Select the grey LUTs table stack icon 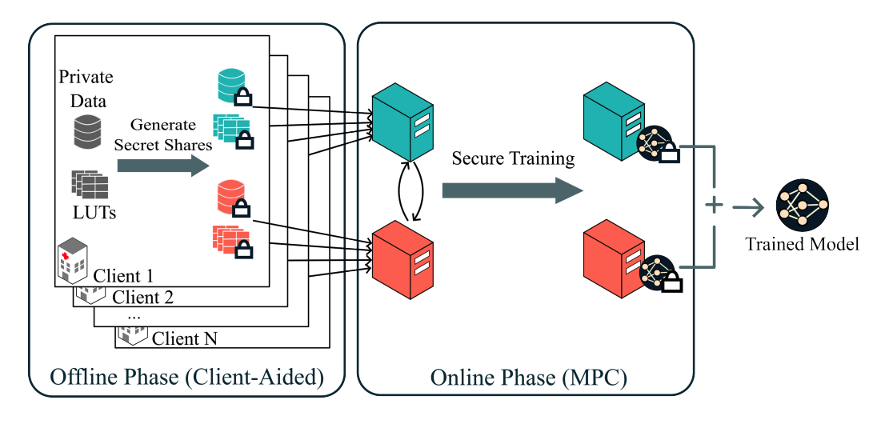click(x=90, y=185)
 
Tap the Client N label click(x=184, y=338)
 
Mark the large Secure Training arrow click(x=512, y=190)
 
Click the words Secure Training click(x=513, y=158)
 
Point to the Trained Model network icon click(x=802, y=205)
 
